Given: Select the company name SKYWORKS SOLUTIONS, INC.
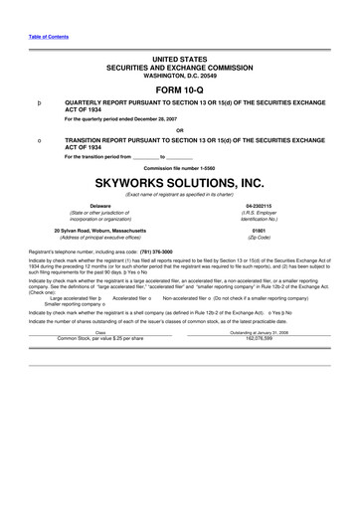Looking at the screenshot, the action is (179, 184).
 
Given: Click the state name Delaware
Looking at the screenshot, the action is (99, 206).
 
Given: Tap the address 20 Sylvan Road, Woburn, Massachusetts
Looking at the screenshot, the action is (99, 231).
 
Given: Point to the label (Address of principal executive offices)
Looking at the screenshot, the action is (99, 239).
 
